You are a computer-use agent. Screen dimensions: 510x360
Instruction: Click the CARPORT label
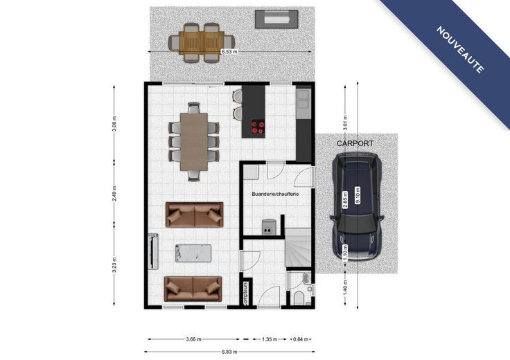click(355, 143)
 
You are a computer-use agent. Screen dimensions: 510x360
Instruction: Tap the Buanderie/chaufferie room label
click(275, 194)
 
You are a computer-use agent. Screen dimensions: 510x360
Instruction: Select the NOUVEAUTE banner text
click(460, 49)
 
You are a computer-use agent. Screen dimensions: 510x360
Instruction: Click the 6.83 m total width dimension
click(229, 352)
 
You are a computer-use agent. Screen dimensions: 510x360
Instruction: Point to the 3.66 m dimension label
click(193, 339)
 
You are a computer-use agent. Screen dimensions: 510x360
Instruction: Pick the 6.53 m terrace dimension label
click(229, 51)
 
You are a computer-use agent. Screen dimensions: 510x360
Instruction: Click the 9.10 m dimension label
click(358, 195)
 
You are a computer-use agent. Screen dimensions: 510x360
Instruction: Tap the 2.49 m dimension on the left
click(114, 193)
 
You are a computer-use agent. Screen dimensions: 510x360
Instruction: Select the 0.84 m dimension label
click(301, 339)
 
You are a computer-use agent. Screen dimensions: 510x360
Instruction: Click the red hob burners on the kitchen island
click(258, 127)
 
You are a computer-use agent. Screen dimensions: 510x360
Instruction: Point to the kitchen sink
click(303, 98)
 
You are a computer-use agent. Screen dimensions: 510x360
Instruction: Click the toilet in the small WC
click(299, 298)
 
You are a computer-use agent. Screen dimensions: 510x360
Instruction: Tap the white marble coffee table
click(193, 253)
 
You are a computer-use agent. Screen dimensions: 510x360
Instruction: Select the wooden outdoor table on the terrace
click(202, 42)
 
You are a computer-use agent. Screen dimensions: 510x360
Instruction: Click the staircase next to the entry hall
click(298, 247)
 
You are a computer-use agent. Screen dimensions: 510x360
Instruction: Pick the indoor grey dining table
click(194, 141)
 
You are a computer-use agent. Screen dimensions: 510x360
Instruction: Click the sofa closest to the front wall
click(193, 289)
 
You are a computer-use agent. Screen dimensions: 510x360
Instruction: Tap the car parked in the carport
click(357, 206)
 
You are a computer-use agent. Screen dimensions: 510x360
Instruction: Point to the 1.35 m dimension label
click(270, 339)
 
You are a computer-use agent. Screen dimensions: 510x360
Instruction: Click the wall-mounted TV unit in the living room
click(153, 251)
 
